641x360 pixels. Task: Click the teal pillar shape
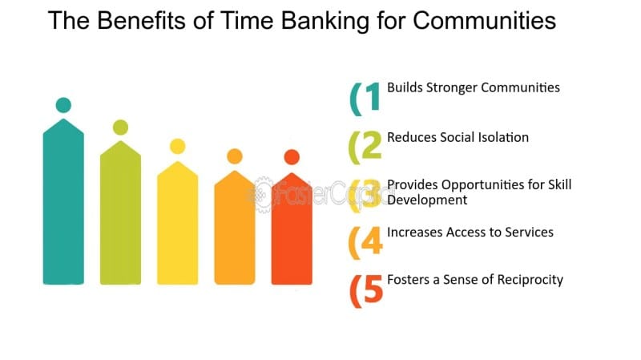click(x=63, y=202)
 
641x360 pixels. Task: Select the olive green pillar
click(x=121, y=212)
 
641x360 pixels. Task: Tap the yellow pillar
click(x=178, y=223)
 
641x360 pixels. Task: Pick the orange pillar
click(x=235, y=228)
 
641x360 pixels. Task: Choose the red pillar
click(x=292, y=229)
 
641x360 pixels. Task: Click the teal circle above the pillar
click(x=63, y=105)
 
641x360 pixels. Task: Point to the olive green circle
click(x=121, y=127)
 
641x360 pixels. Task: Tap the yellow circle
click(x=178, y=147)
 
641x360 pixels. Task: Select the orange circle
click(x=235, y=156)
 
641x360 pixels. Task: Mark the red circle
click(x=292, y=157)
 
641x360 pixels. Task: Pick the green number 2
click(x=372, y=145)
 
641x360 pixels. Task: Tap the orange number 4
click(x=372, y=241)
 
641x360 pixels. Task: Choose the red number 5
click(x=373, y=289)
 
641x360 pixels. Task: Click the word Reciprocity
click(x=530, y=280)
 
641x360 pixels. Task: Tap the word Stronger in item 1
click(x=452, y=88)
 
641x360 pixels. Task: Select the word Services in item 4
click(x=529, y=232)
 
